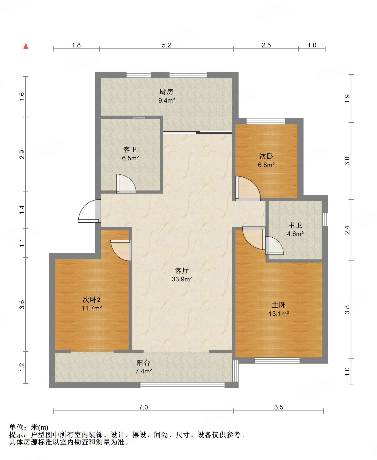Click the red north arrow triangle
pos(26,46)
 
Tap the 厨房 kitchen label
pos(166,92)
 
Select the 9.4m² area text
pos(167,100)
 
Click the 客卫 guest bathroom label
pos(130,150)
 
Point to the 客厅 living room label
pos(182,271)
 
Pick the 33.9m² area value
pos(182,279)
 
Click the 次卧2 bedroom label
pos(92,300)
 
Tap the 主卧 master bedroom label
pos(279,305)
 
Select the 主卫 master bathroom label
pos(295,225)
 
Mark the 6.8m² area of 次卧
pos(266,165)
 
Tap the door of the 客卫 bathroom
pos(126,183)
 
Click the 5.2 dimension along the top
pos(167,45)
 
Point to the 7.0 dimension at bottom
pos(143,407)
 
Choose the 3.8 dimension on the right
pos(347,310)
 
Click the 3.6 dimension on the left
pos(22,304)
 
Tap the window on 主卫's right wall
pos(325,219)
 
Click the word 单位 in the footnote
pos(16,427)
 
